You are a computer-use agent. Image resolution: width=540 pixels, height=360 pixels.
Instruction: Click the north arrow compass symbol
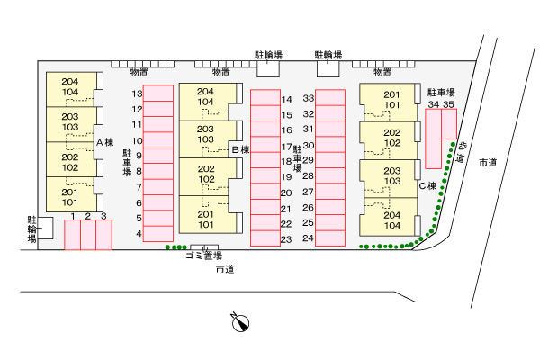pyautogui.click(x=240, y=322)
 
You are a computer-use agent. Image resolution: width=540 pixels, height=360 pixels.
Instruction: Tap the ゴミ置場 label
pyautogui.click(x=204, y=256)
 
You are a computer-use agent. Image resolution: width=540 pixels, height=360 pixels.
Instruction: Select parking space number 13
pyautogui.click(x=158, y=93)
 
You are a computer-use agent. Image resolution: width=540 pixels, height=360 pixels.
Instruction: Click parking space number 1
pyautogui.click(x=72, y=235)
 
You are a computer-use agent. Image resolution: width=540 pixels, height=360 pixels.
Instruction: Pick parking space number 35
pyautogui.click(x=449, y=124)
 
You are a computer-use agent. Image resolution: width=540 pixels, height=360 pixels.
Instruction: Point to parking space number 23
pyautogui.click(x=265, y=238)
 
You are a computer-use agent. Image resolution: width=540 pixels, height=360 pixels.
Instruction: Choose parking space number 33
pyautogui.click(x=330, y=98)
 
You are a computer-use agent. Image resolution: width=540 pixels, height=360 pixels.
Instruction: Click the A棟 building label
pyautogui.click(x=104, y=142)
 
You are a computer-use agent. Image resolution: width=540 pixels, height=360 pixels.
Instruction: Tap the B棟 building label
pyautogui.click(x=240, y=150)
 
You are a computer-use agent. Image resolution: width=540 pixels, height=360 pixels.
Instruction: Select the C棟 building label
pyautogui.click(x=427, y=186)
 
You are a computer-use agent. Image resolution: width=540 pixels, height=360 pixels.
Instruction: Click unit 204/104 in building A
pyautogui.click(x=71, y=89)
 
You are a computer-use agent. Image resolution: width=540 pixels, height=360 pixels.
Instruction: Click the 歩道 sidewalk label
pyautogui.click(x=461, y=153)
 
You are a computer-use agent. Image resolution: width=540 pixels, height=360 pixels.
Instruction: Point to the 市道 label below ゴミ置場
pyautogui.click(x=225, y=269)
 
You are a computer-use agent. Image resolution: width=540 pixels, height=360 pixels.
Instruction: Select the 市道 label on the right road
pyautogui.click(x=488, y=163)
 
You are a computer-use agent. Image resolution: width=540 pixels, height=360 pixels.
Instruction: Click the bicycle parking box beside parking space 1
pyautogui.click(x=45, y=228)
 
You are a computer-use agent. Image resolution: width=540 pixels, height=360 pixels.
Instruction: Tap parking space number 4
pyautogui.click(x=158, y=234)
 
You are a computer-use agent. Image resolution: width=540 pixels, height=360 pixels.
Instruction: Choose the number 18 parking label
pyautogui.click(x=286, y=162)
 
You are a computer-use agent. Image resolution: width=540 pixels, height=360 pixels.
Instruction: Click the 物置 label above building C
pyautogui.click(x=382, y=72)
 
